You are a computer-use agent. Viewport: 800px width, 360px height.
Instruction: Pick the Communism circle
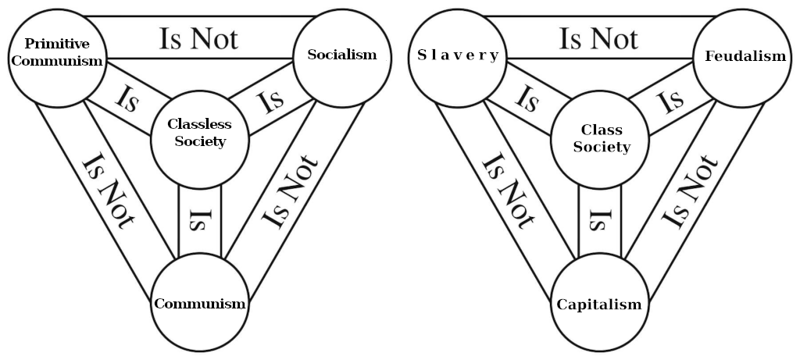[x=199, y=304]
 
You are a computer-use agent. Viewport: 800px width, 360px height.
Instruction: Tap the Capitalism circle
[x=599, y=304]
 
